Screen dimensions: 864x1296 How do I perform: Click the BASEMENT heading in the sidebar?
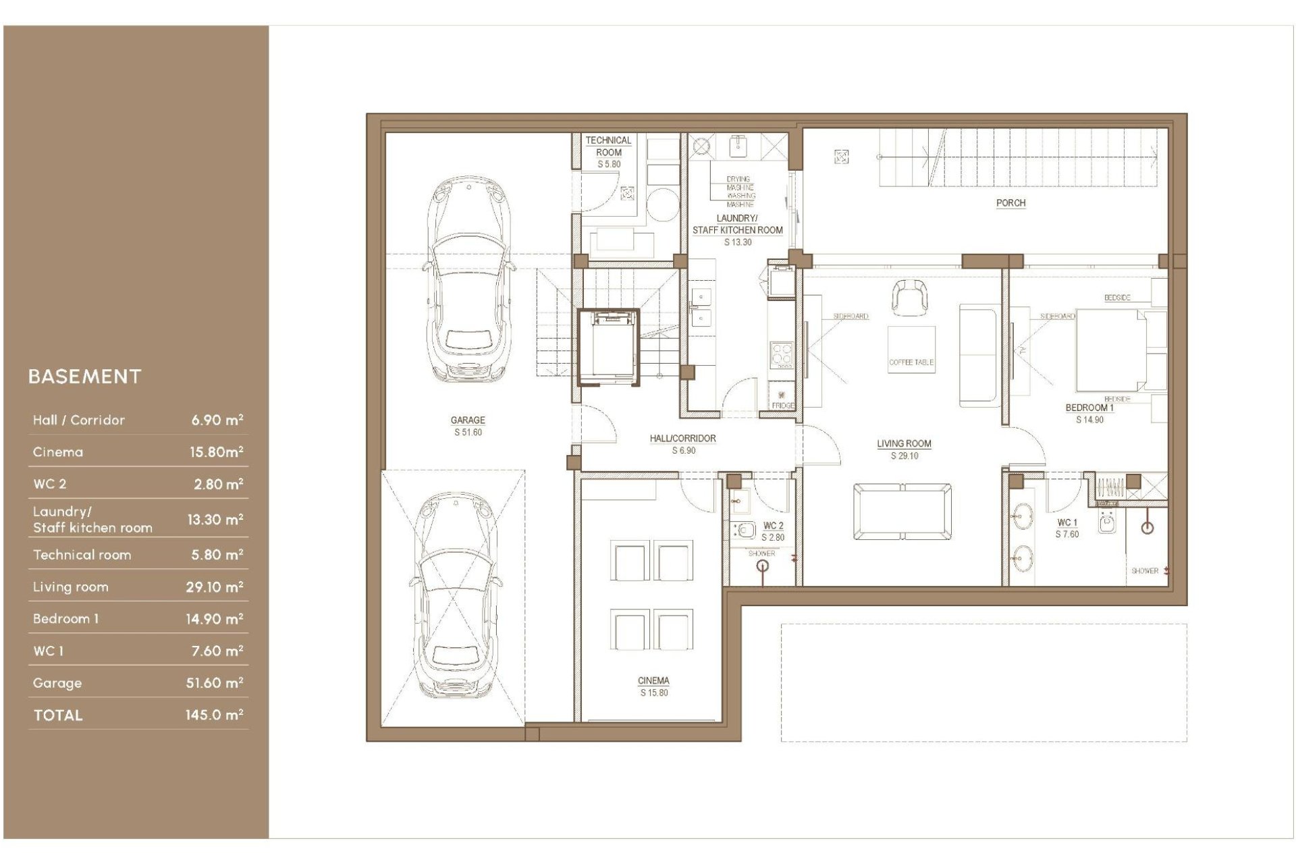pos(85,377)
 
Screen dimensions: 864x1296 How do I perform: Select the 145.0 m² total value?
pos(214,715)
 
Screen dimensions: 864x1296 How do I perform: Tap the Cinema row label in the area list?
pos(58,452)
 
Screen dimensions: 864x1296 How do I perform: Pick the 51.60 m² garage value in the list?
pos(214,683)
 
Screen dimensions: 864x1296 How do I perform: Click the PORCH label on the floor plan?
pos(1010,202)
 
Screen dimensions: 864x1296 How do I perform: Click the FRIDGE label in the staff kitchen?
pos(783,406)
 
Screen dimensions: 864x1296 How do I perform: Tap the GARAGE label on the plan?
pos(468,420)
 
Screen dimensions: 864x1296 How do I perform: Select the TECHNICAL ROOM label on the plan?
pos(608,146)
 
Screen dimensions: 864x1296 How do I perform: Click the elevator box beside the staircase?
pos(608,347)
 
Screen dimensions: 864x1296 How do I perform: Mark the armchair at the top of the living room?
pos(909,297)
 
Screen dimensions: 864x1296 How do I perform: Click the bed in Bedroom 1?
pos(1110,350)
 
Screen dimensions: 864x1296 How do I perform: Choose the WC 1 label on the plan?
pos(1067,522)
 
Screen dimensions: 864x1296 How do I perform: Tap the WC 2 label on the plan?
pos(774,525)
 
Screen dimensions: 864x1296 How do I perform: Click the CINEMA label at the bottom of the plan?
pos(653,680)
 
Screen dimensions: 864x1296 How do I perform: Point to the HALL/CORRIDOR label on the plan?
pos(682,438)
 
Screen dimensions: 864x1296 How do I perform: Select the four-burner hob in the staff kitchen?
pos(782,352)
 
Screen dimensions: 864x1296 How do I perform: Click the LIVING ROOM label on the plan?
pos(904,443)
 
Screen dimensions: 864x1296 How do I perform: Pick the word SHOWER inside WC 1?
pos(1144,570)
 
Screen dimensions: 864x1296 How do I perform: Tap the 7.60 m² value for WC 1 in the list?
pos(216,651)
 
